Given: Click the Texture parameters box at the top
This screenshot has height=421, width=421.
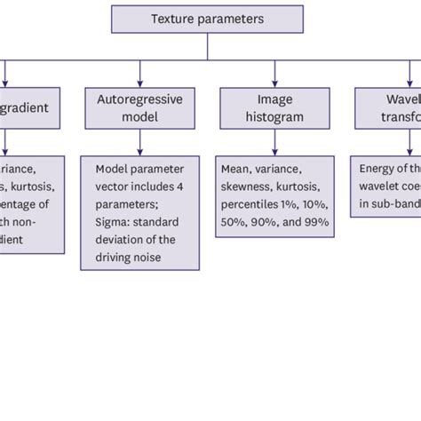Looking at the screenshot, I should [207, 19].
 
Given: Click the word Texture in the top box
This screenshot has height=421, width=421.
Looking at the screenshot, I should [171, 19].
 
